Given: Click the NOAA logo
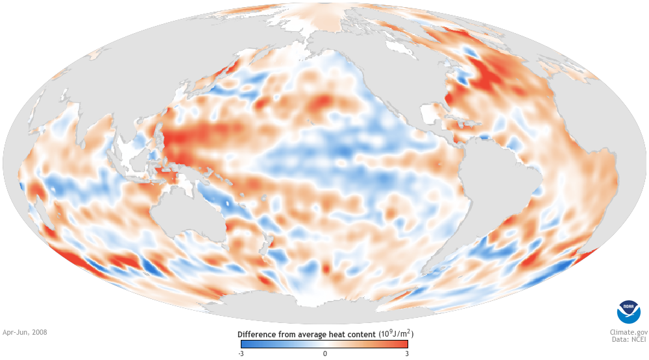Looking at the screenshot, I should (628, 312).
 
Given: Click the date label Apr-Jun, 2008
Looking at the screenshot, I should (25, 332).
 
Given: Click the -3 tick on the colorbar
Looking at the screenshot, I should (241, 354).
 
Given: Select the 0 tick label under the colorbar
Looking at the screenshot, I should (324, 354).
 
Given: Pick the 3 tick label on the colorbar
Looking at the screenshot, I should (406, 354).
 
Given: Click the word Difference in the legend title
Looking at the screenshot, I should (256, 334).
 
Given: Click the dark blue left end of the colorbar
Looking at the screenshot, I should (244, 344).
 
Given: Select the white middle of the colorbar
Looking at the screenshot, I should (324, 344).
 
